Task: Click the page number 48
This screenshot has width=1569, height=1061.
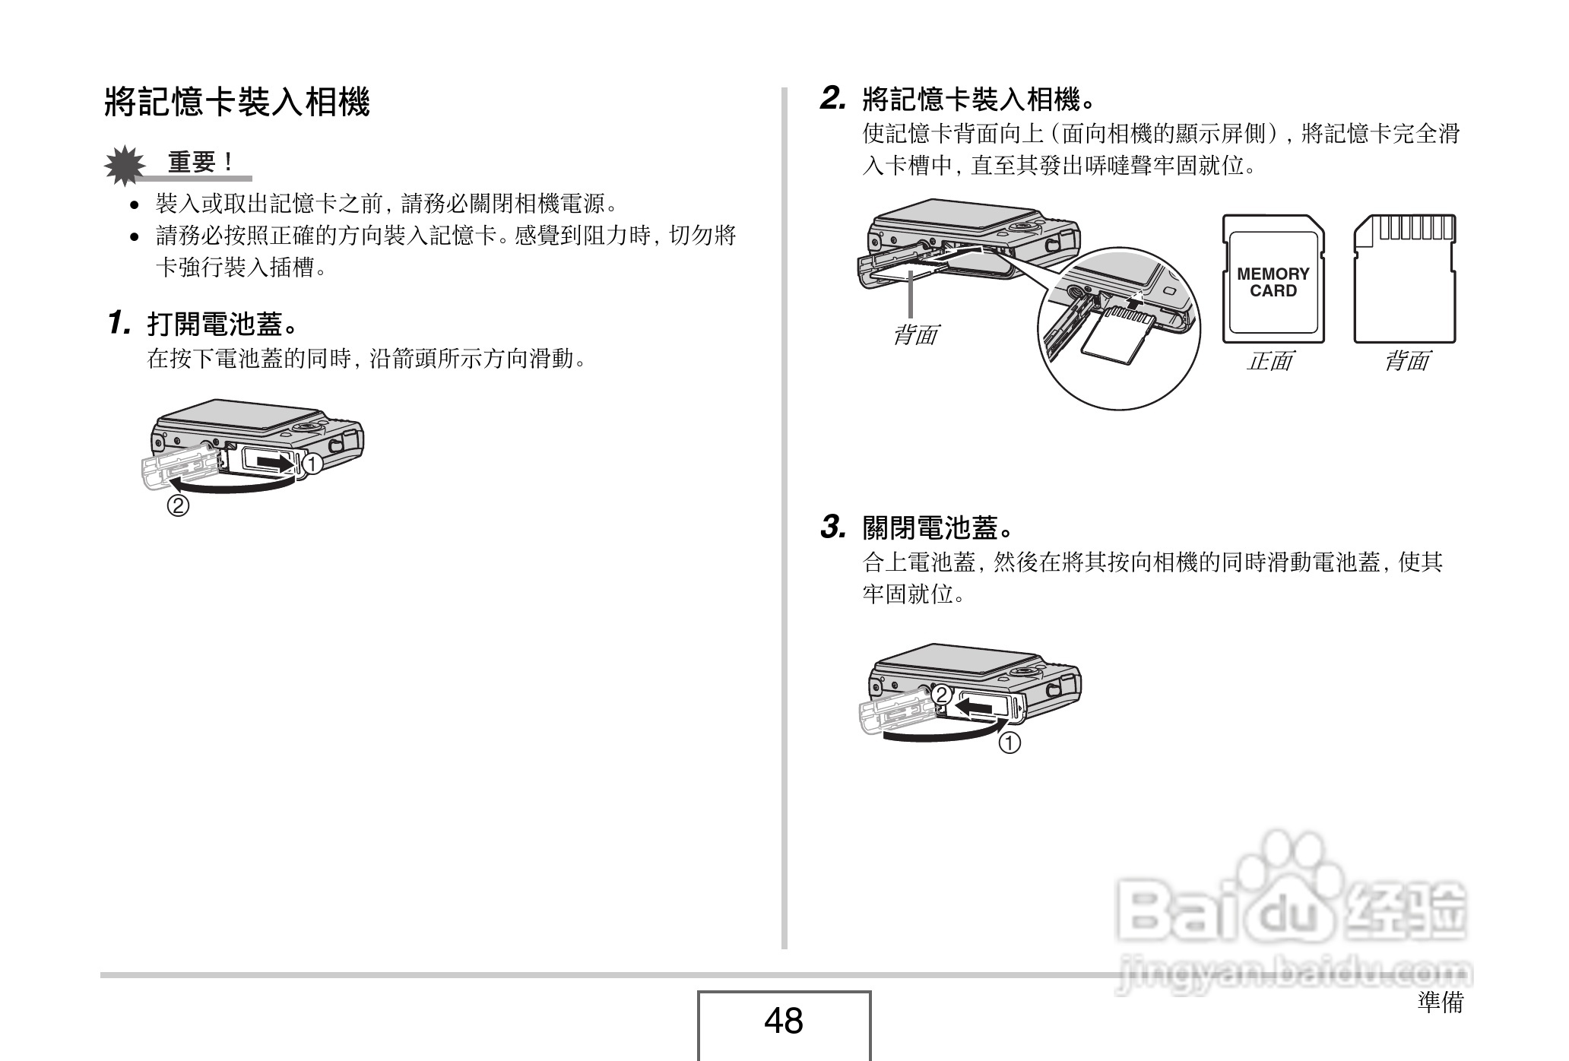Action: point(784,1021)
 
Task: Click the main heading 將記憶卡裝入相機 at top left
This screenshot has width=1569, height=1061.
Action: point(236,102)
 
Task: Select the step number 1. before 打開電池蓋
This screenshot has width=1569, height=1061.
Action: point(119,323)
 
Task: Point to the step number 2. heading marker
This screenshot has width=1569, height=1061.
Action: point(833,99)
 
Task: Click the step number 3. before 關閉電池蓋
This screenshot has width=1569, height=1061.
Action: point(833,527)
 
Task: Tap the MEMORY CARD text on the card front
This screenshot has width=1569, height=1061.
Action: point(1273,282)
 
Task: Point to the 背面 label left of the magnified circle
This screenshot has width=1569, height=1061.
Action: point(914,334)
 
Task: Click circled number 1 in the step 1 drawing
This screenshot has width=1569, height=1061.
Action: point(312,463)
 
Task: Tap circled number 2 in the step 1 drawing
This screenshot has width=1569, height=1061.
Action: point(178,505)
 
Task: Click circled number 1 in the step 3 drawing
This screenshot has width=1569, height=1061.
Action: point(1010,743)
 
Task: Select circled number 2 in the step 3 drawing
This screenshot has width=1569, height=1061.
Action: point(941,695)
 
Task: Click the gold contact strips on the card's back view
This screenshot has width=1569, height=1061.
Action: point(1415,228)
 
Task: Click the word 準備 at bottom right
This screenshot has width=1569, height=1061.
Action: point(1440,1002)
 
